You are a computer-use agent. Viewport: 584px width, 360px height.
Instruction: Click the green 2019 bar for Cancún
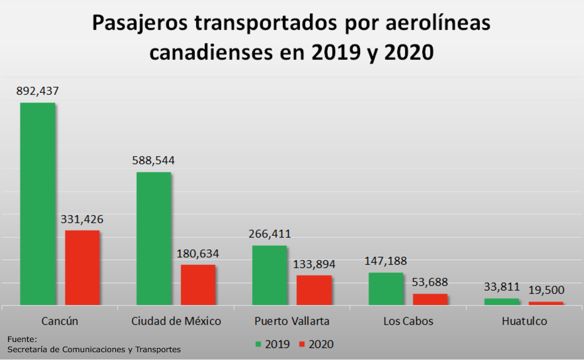(x=37, y=204)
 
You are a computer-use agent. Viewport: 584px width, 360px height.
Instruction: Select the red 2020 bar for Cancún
(x=82, y=268)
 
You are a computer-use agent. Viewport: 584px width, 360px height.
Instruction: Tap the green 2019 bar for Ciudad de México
(x=154, y=238)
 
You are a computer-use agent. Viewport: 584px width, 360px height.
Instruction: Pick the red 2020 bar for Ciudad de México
(x=198, y=285)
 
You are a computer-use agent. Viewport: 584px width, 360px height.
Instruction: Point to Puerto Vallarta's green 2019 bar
(x=269, y=275)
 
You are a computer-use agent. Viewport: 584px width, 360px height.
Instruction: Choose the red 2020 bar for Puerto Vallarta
(x=314, y=290)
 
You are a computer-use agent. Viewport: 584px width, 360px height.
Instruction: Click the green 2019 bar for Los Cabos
(x=386, y=289)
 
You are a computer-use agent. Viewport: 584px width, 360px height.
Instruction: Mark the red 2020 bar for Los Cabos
(x=430, y=299)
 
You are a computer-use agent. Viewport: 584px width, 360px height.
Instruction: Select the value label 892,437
(x=37, y=91)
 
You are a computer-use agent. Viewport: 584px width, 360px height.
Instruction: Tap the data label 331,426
(x=82, y=219)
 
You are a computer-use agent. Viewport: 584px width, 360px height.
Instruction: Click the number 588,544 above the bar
(x=153, y=161)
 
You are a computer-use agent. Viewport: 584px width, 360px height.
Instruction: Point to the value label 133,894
(x=314, y=264)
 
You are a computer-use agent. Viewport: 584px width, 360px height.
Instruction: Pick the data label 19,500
(x=546, y=290)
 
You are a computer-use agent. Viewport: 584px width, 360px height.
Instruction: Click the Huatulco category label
(x=524, y=321)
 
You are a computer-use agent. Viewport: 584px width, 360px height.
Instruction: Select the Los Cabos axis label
(x=408, y=321)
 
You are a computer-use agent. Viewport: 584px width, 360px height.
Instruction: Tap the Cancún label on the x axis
(x=60, y=321)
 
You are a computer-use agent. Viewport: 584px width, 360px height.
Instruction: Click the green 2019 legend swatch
(x=258, y=344)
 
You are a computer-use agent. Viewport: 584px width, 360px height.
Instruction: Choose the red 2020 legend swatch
(x=301, y=344)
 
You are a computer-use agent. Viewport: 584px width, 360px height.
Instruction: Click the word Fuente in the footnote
(x=22, y=339)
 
